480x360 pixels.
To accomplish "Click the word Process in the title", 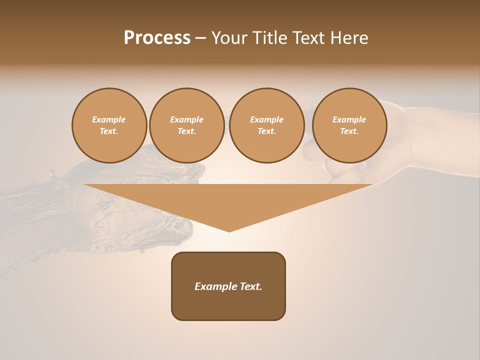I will click(157, 38).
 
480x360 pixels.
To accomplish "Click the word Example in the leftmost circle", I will click(109, 119).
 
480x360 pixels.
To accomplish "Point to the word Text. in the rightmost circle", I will click(349, 131).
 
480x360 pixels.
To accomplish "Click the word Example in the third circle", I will click(266, 119).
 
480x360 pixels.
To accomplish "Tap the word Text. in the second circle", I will click(186, 131).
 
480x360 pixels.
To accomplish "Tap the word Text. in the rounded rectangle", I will click(251, 286).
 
